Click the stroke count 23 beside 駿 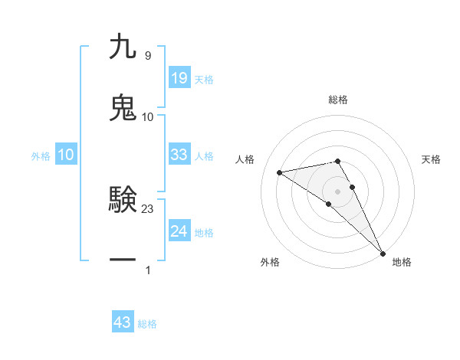coord(148,208)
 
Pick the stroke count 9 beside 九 coord(147,56)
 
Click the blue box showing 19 coord(179,78)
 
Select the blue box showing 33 coord(179,155)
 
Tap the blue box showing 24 coord(179,231)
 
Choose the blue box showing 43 coord(123,322)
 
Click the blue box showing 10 coord(66,155)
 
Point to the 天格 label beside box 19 coord(204,80)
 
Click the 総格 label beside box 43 coord(147,324)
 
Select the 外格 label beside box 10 coord(41,156)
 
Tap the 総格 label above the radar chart coord(337,100)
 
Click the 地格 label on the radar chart coord(402,262)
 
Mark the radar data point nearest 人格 coord(280,172)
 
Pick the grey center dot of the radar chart coord(337,191)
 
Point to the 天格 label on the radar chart coord(431,159)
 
